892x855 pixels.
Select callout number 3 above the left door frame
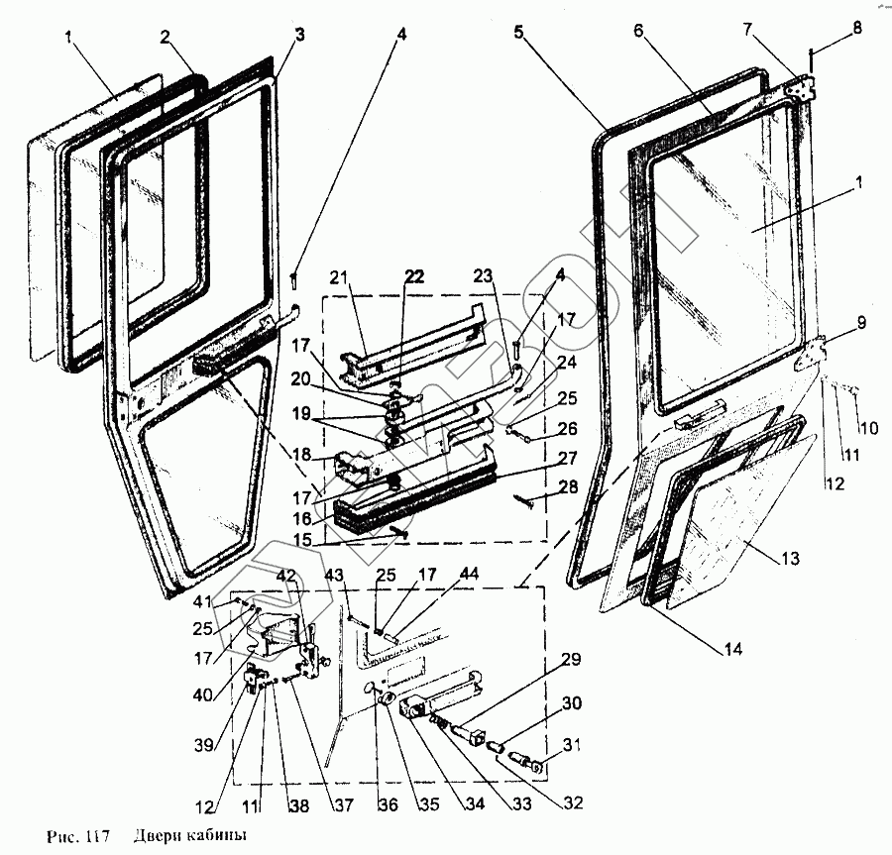298,35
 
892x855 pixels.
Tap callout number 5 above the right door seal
518,31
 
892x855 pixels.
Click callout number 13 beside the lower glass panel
789,559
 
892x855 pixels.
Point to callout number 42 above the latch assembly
286,576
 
